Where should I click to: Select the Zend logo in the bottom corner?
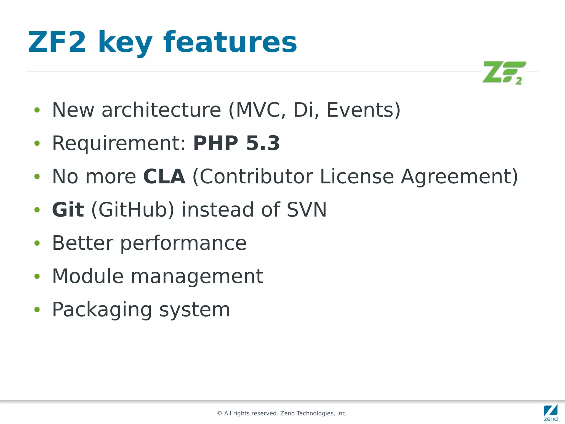coord(550,412)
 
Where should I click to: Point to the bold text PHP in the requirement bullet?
coord(215,143)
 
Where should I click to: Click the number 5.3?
coord(263,143)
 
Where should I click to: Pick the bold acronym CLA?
coord(164,177)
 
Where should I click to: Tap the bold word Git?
coord(68,210)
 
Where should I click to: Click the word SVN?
coord(307,210)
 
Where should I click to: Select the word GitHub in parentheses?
coord(133,210)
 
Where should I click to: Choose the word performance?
coord(183,243)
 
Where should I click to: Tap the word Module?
coord(88,276)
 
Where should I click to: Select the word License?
coord(357,177)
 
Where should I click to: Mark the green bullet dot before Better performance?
coord(37,243)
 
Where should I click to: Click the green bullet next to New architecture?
coord(37,110)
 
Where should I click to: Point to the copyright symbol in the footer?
coord(220,414)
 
